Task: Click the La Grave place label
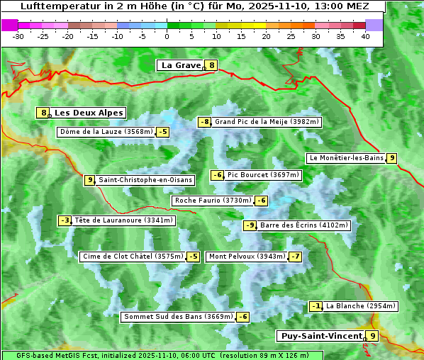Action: pyautogui.click(x=181, y=65)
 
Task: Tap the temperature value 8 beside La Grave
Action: pyautogui.click(x=211, y=65)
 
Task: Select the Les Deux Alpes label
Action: pyautogui.click(x=89, y=113)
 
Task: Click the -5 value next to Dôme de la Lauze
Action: pyautogui.click(x=163, y=132)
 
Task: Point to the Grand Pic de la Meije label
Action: pyautogui.click(x=267, y=122)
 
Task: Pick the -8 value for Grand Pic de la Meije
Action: pyautogui.click(x=204, y=122)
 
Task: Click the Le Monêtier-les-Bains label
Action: pyautogui.click(x=346, y=158)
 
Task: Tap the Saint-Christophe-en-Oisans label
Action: pyautogui.click(x=145, y=180)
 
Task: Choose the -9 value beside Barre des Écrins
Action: pyautogui.click(x=250, y=225)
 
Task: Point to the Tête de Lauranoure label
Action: pyautogui.click(x=123, y=220)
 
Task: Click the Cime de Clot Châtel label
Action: pyautogui.click(x=133, y=257)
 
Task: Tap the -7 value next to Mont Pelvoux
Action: pyautogui.click(x=295, y=257)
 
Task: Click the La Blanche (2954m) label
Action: pyautogui.click(x=360, y=306)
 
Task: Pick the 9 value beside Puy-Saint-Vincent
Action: pyautogui.click(x=372, y=336)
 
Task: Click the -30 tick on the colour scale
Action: pyautogui.click(x=18, y=36)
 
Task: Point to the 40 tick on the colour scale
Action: pyautogui.click(x=365, y=36)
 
